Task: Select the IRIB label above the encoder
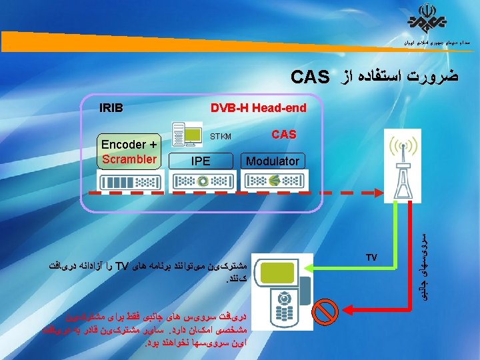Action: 111,107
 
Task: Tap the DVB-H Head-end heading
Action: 258,108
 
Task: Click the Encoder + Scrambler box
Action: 129,151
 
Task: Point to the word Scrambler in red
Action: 129,159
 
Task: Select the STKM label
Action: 221,137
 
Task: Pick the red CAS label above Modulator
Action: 284,135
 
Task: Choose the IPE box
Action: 200,161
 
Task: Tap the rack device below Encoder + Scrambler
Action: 129,180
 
